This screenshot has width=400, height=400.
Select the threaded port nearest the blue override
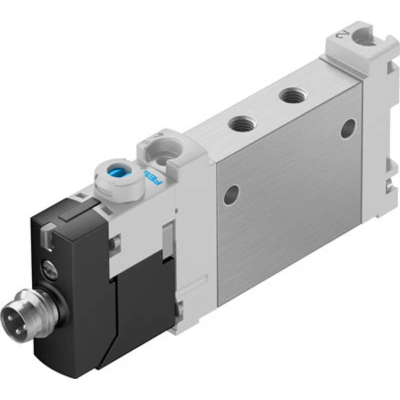242,125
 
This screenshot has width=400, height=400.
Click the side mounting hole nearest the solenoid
232,195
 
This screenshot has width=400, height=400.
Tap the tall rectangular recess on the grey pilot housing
168,238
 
